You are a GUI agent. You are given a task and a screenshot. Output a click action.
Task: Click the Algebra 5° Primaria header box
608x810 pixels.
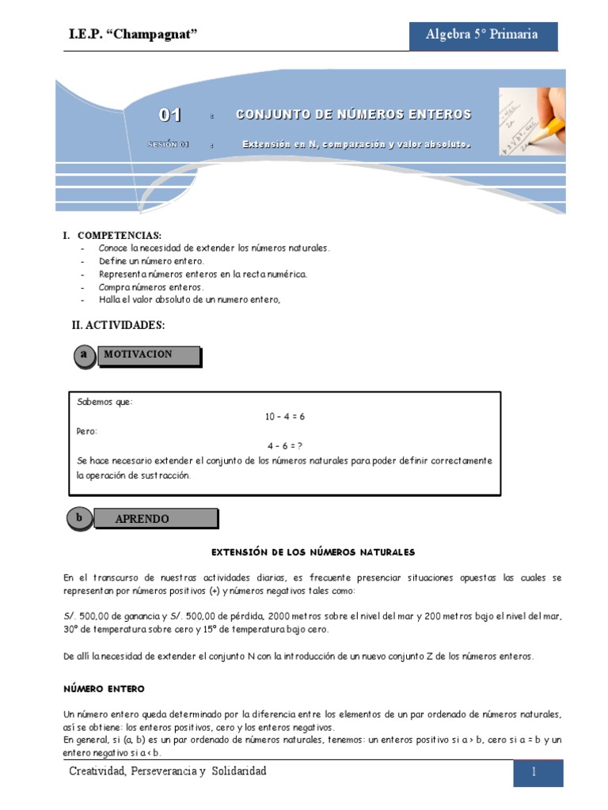pyautogui.click(x=482, y=35)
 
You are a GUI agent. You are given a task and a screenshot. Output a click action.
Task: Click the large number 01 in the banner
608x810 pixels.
pyautogui.click(x=170, y=115)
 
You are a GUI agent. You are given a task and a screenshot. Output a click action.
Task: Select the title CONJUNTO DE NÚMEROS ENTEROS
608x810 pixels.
pyautogui.click(x=354, y=115)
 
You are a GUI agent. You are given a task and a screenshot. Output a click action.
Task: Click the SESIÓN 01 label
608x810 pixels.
pyautogui.click(x=169, y=145)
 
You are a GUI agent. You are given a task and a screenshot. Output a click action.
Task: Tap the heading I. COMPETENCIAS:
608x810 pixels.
pyautogui.click(x=112, y=236)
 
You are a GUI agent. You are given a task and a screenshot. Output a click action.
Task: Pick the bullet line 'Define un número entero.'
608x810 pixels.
pyautogui.click(x=151, y=260)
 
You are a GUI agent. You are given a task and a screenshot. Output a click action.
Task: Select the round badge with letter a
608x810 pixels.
pyautogui.click(x=83, y=356)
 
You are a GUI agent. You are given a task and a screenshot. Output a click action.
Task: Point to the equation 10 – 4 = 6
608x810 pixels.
pyautogui.click(x=285, y=416)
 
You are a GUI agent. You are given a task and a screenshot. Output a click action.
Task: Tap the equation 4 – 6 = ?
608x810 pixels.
pyautogui.click(x=285, y=445)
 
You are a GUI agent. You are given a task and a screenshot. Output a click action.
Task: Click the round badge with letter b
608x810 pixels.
pyautogui.click(x=79, y=518)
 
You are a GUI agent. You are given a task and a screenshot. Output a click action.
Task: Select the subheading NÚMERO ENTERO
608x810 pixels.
pyautogui.click(x=104, y=690)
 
